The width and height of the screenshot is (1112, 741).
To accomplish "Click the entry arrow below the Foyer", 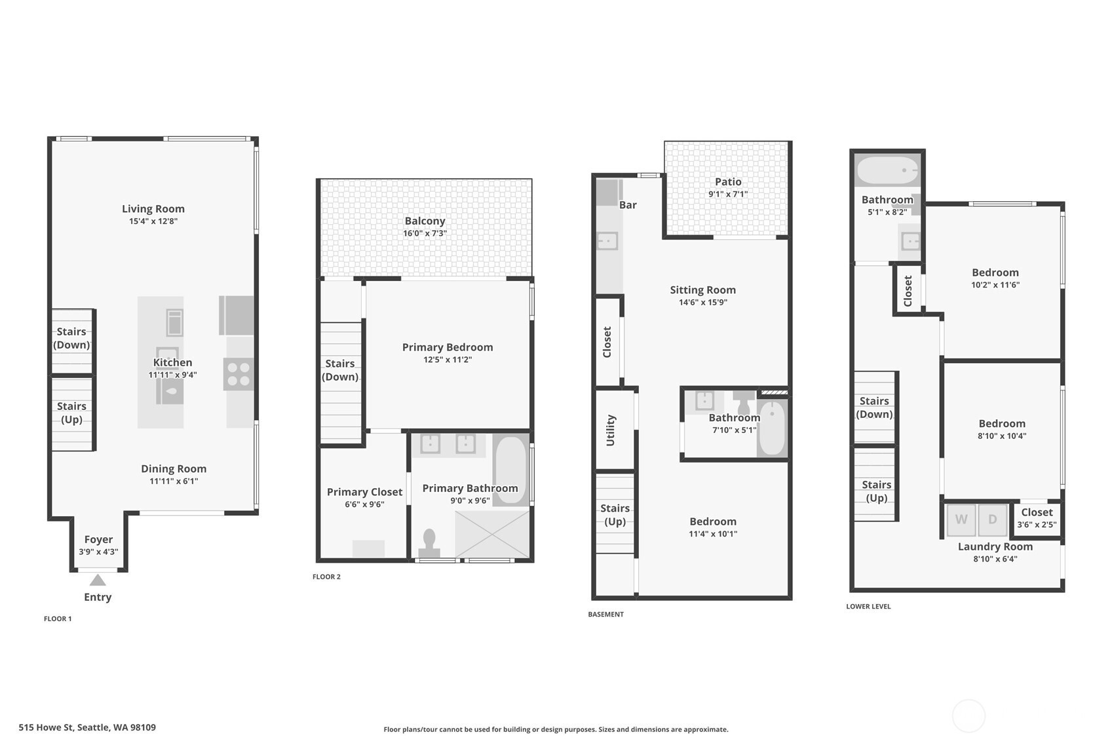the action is click(98, 580).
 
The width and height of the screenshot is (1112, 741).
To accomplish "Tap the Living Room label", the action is click(153, 209).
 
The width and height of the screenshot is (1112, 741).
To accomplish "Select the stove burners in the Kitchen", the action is click(239, 374).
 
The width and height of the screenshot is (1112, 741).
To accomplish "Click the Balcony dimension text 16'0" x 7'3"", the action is click(425, 233).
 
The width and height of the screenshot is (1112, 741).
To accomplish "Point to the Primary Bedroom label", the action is click(448, 347).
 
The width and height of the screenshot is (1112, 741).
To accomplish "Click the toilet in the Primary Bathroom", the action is click(429, 543).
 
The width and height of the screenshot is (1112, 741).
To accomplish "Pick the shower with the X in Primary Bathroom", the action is click(493, 535).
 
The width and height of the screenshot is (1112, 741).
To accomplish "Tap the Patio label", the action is click(728, 181).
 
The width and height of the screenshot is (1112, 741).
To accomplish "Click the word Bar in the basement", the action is click(628, 205).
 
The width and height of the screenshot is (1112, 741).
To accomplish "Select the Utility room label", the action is click(611, 430).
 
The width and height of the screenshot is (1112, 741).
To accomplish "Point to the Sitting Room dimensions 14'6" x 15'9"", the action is click(703, 302).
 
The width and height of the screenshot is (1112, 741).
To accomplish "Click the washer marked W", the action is click(961, 520).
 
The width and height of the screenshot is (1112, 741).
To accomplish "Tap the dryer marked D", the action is click(993, 520).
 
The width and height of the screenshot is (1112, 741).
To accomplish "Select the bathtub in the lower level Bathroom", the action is click(888, 170).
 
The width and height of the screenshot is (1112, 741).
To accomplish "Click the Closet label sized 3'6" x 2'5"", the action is click(1037, 512).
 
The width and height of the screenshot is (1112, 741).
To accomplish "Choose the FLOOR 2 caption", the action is click(326, 577).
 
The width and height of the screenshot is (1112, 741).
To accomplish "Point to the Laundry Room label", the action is click(995, 546).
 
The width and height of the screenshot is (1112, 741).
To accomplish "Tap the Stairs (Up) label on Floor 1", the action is click(71, 413).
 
